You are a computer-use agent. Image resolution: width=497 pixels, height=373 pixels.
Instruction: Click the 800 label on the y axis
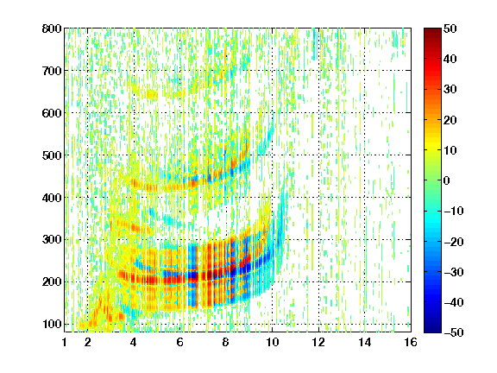coord(52,28)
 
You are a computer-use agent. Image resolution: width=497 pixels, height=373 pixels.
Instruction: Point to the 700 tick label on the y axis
coord(52,71)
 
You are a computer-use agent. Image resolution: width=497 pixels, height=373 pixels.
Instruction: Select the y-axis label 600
coord(52,113)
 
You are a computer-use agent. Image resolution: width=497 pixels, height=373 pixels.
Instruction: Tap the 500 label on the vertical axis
coord(52,155)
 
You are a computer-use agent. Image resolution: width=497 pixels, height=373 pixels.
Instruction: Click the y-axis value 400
coord(52,198)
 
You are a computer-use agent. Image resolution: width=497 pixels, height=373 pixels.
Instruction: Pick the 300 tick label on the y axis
coord(52,240)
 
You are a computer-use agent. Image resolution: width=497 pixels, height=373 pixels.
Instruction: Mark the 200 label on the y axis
coord(52,282)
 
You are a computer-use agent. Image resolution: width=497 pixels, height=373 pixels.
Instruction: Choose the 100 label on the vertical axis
coord(52,324)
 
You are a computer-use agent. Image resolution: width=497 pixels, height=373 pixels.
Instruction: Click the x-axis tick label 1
coord(65,342)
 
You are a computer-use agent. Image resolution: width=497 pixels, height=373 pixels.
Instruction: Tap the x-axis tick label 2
coord(88,342)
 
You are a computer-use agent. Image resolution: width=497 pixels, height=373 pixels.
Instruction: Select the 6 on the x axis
coord(180,342)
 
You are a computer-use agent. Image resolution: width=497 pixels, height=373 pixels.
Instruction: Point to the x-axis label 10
coord(273,342)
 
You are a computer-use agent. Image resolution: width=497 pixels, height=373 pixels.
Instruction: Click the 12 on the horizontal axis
coord(318,342)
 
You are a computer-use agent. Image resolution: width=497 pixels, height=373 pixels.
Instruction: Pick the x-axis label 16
coord(411,342)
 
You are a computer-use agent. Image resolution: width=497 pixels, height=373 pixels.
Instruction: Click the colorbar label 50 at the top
coord(450,28)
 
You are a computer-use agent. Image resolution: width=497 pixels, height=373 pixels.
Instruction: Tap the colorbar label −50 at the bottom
coord(454,332)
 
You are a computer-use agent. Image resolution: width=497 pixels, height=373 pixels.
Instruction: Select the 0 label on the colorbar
coord(447,180)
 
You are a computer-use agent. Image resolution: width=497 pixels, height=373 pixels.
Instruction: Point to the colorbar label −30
coord(454,272)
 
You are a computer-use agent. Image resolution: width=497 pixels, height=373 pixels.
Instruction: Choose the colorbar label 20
coord(450,120)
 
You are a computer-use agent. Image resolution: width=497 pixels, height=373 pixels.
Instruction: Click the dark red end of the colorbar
coord(432,32)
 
